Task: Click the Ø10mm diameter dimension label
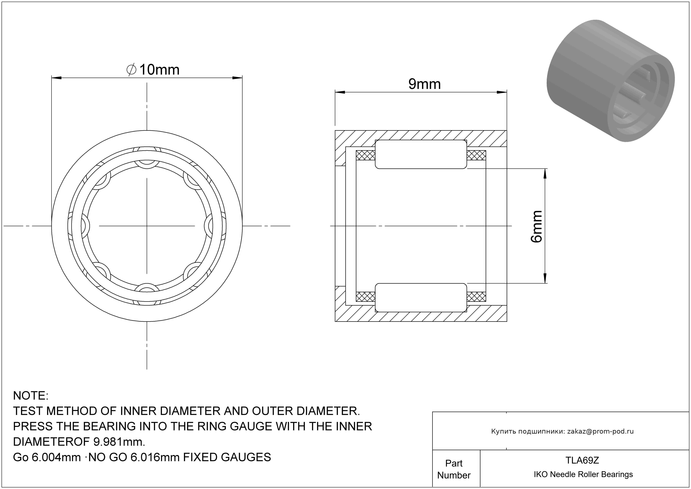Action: [x=153, y=70]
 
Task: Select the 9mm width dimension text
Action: [x=424, y=84]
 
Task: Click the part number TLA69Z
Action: [x=582, y=460]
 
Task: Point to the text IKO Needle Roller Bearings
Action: [x=583, y=474]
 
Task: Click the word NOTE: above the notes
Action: [x=31, y=396]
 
